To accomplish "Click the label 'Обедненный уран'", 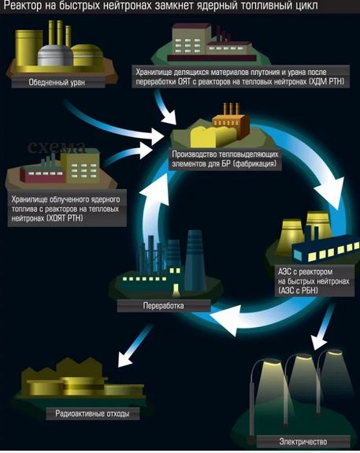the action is coord(57,83).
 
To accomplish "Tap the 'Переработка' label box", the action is coord(164,306).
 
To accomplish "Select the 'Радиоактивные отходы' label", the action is coord(92,414).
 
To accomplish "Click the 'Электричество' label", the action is coord(303,441).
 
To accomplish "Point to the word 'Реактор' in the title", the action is coord(23,6).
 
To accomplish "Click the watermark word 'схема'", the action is coord(57,147).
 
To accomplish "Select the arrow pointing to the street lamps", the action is coord(322,326).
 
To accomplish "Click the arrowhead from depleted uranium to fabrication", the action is coord(156,136).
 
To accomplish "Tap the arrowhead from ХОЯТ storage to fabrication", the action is coord(145,150).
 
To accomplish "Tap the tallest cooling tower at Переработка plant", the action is coord(195,260).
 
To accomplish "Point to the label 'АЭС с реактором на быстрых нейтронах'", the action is coord(314,281).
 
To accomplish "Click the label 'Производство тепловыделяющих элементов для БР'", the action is coord(225,158).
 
